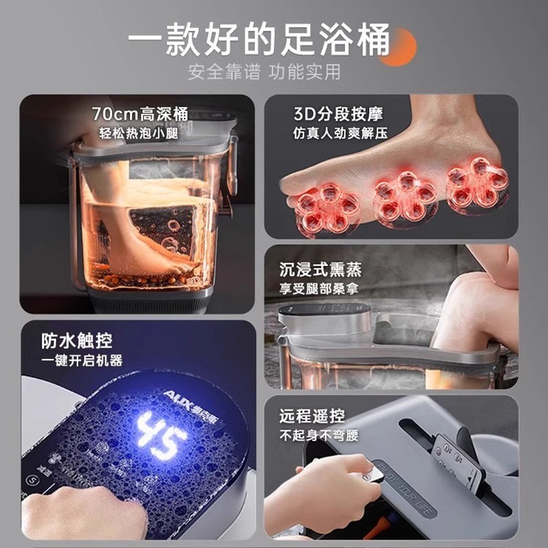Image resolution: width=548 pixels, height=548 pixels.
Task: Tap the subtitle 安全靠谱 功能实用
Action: click(264, 73)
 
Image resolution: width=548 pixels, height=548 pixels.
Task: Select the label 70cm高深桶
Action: click(140, 114)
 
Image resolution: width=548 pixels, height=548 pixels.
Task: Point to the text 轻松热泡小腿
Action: click(140, 132)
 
